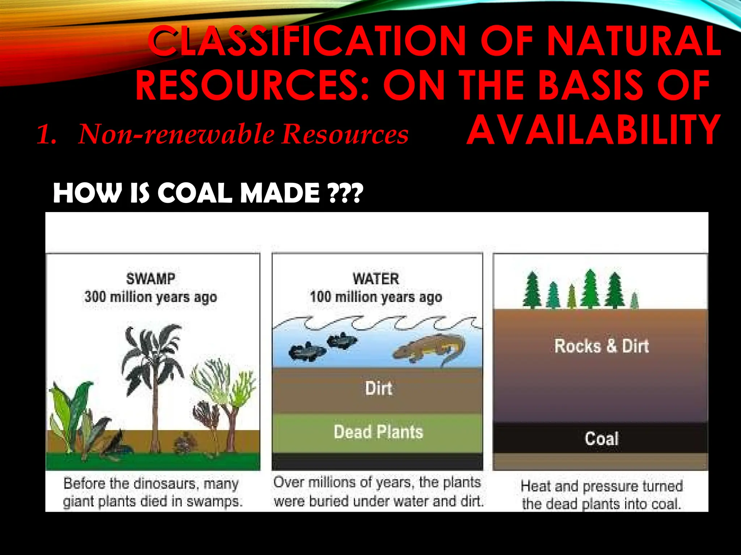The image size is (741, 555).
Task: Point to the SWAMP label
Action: pos(151,279)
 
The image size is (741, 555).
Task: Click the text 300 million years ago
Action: pos(151,297)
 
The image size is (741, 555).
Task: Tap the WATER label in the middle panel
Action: pos(376,279)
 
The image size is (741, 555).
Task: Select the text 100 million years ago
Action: pos(376,297)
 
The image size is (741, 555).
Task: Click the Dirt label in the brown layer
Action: pos(378,388)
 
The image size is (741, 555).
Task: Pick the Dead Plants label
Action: pos(378,432)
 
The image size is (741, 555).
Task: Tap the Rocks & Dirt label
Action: pos(601,346)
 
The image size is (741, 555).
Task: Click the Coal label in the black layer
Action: pos(601,439)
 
